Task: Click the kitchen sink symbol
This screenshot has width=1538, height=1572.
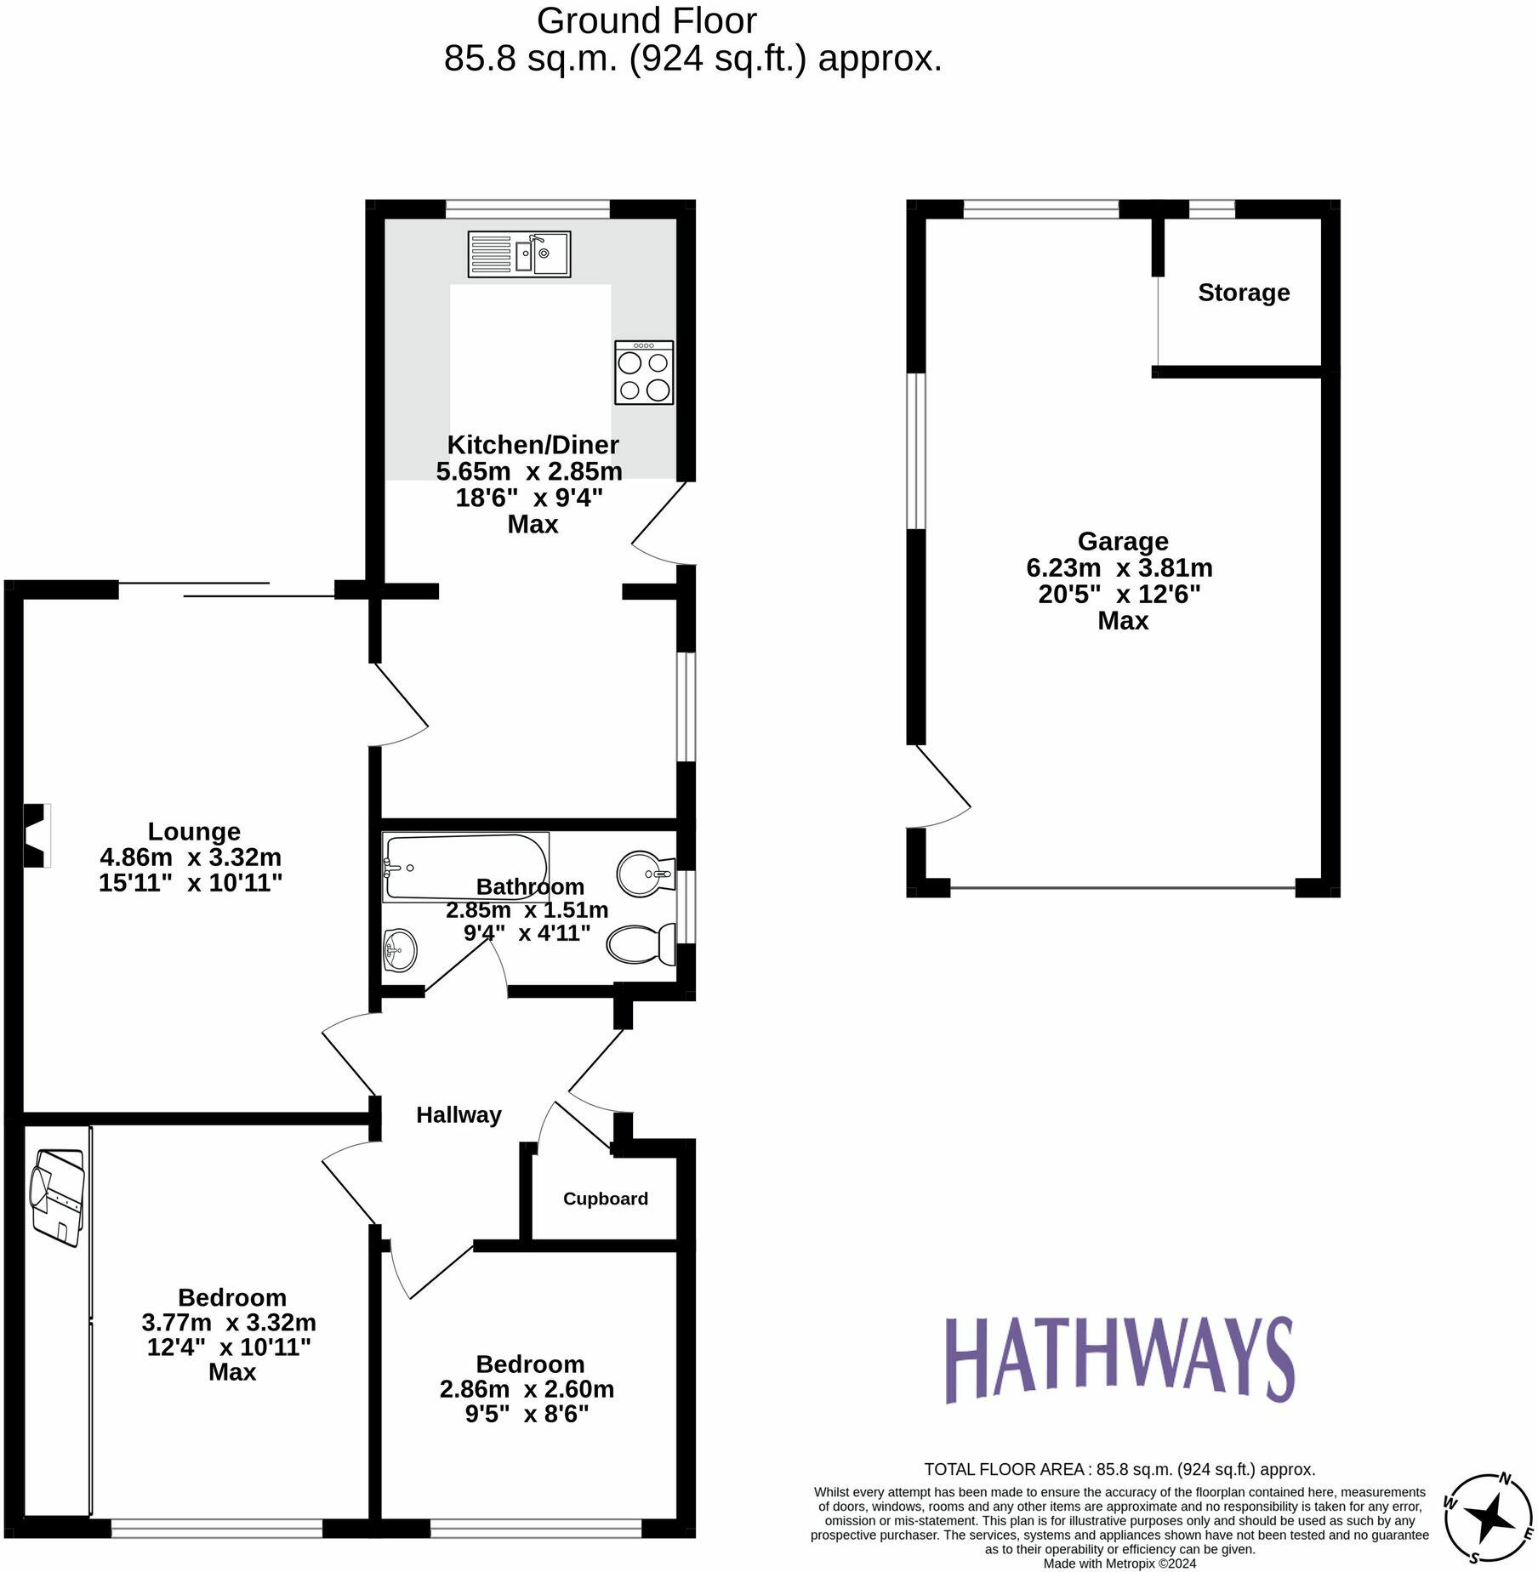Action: pyautogui.click(x=519, y=253)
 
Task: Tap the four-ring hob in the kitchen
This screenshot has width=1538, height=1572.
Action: pyautogui.click(x=644, y=373)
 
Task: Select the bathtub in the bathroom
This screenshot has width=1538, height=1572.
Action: pyautogui.click(x=465, y=867)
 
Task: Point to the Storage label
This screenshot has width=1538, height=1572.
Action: pyautogui.click(x=1243, y=293)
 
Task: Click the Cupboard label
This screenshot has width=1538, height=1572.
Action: pyautogui.click(x=605, y=1199)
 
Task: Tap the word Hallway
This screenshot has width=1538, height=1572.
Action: pyautogui.click(x=459, y=1114)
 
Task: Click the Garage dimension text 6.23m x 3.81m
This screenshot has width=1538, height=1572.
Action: pyautogui.click(x=1119, y=567)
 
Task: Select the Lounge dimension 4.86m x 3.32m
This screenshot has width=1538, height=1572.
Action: pyautogui.click(x=191, y=857)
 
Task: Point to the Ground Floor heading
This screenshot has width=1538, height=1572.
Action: pyautogui.click(x=647, y=21)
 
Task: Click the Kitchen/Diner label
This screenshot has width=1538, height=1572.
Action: pyautogui.click(x=533, y=444)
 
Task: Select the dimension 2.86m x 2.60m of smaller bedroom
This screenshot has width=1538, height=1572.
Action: pyautogui.click(x=527, y=1389)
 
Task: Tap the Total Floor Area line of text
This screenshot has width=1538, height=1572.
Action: pyautogui.click(x=1119, y=1469)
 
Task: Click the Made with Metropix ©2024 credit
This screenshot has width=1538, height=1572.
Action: pyautogui.click(x=1119, y=1563)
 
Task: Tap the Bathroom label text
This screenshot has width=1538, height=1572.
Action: pyautogui.click(x=529, y=886)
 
